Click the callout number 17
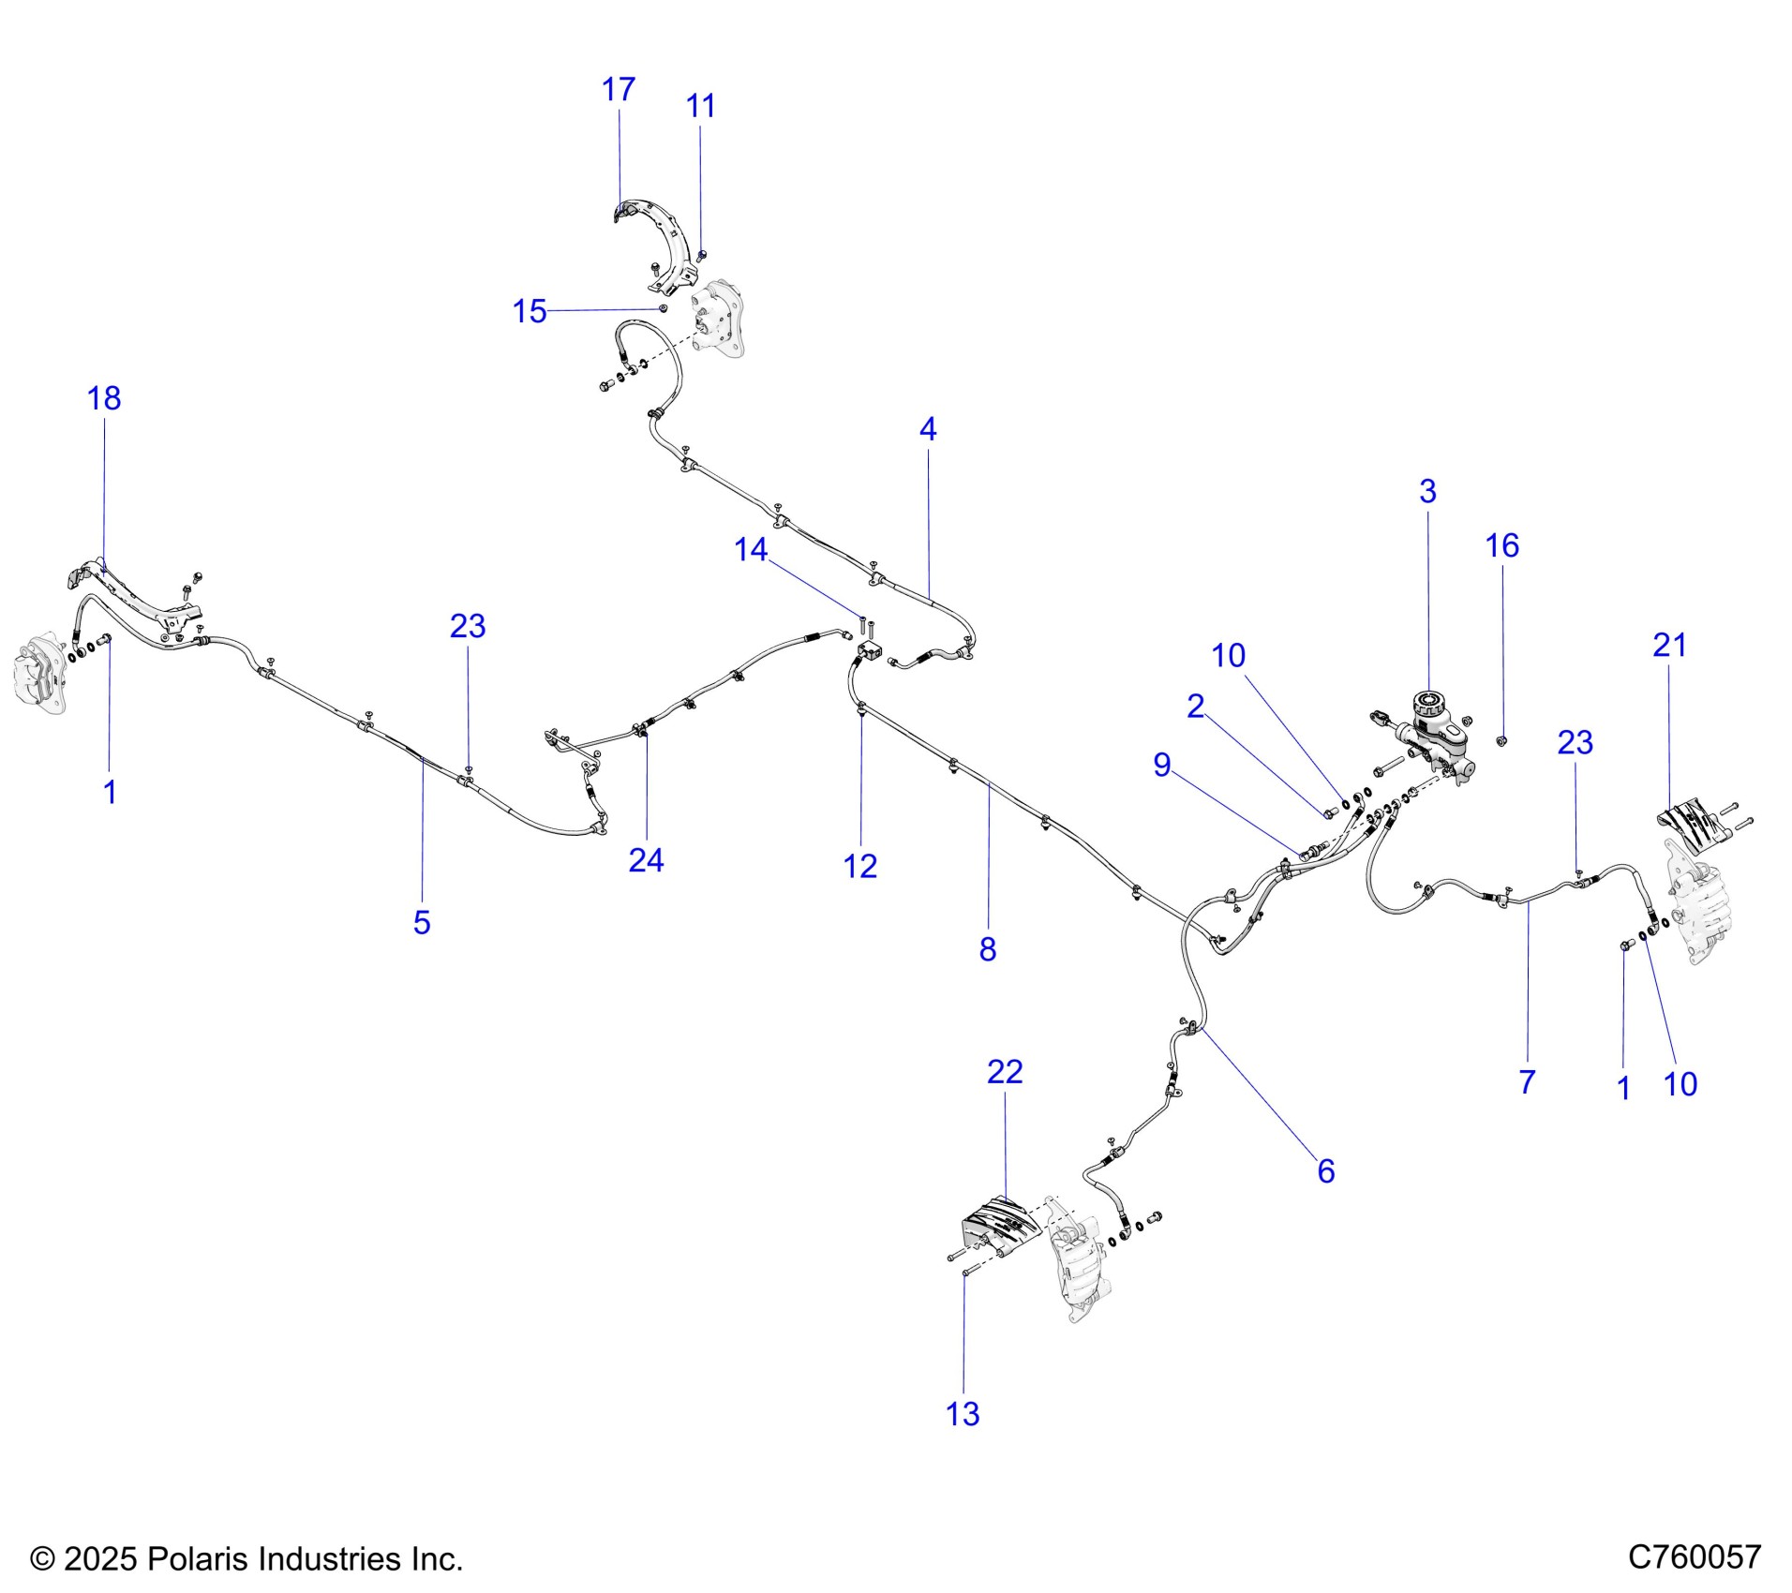pyautogui.click(x=618, y=90)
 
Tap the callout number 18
pyautogui.click(x=104, y=399)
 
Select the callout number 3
pyautogui.click(x=1427, y=491)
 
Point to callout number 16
pyautogui.click(x=1501, y=545)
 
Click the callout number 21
pyautogui.click(x=1669, y=645)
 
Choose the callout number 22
pyautogui.click(x=1005, y=1071)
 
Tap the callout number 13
pyautogui.click(x=963, y=1414)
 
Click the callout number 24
pyautogui.click(x=646, y=860)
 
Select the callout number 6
pyautogui.click(x=1325, y=1170)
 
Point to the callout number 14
pyautogui.click(x=751, y=549)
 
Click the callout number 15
pyautogui.click(x=530, y=311)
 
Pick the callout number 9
pyautogui.click(x=1162, y=765)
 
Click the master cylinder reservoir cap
pyautogui.click(x=1428, y=702)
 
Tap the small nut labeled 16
pyautogui.click(x=1501, y=741)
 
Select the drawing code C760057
pyautogui.click(x=1695, y=1557)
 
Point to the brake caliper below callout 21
pyautogui.click(x=1696, y=901)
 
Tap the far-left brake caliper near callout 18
pyautogui.click(x=40, y=673)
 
